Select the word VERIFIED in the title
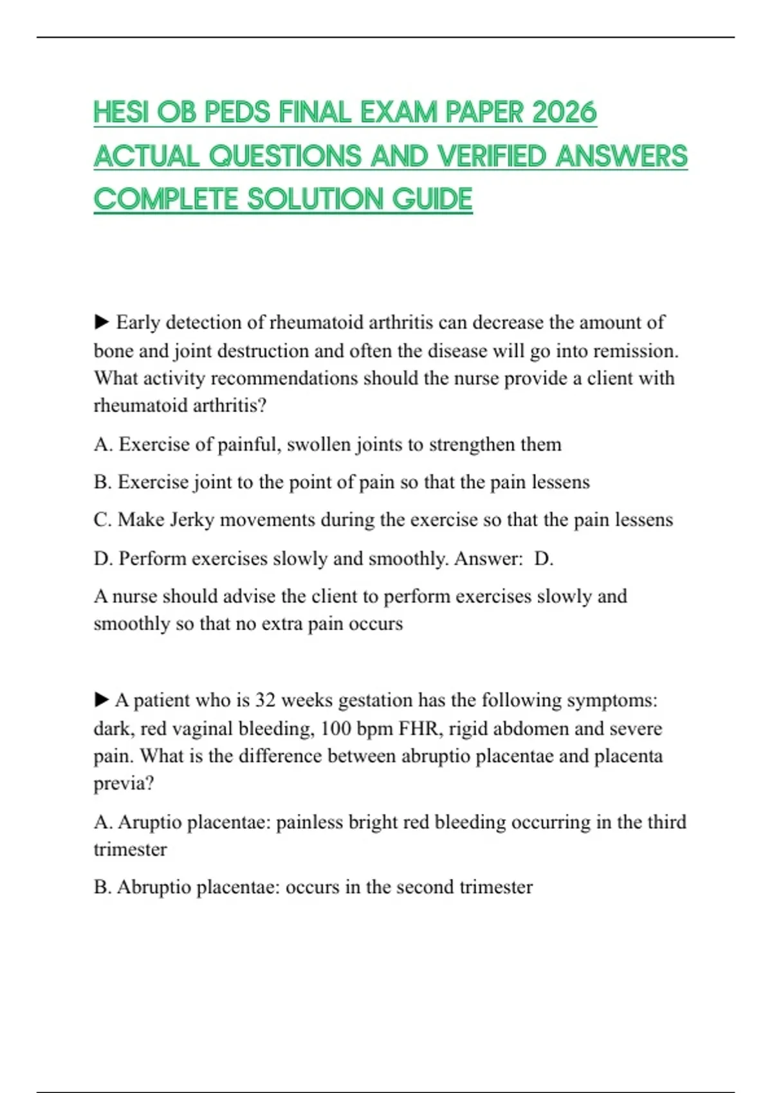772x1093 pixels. point(491,156)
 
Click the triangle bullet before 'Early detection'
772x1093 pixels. point(102,321)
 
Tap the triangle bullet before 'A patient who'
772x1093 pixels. point(102,699)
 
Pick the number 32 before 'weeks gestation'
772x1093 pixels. point(266,700)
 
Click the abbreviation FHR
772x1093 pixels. point(420,728)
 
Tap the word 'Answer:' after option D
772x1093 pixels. point(488,558)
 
